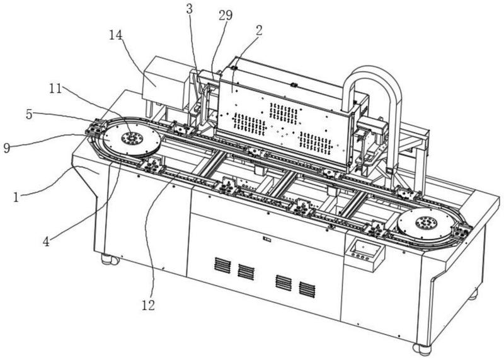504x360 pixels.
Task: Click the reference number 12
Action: [x=146, y=306]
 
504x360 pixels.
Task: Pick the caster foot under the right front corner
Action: [x=421, y=347]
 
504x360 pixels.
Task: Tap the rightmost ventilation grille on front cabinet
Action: [x=307, y=289]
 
